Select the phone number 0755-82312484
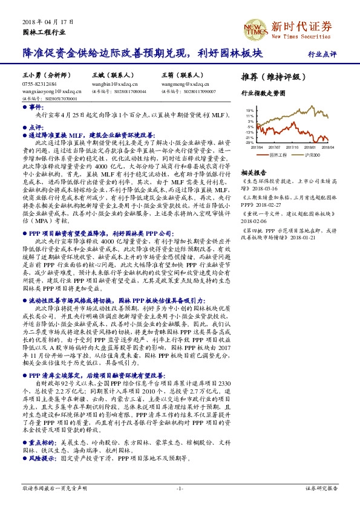(39, 84)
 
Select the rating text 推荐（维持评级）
(270, 77)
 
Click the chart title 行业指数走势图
(263, 94)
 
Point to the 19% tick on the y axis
(249, 111)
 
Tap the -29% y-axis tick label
(249, 142)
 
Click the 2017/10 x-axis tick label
(293, 146)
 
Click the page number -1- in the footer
(180, 488)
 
